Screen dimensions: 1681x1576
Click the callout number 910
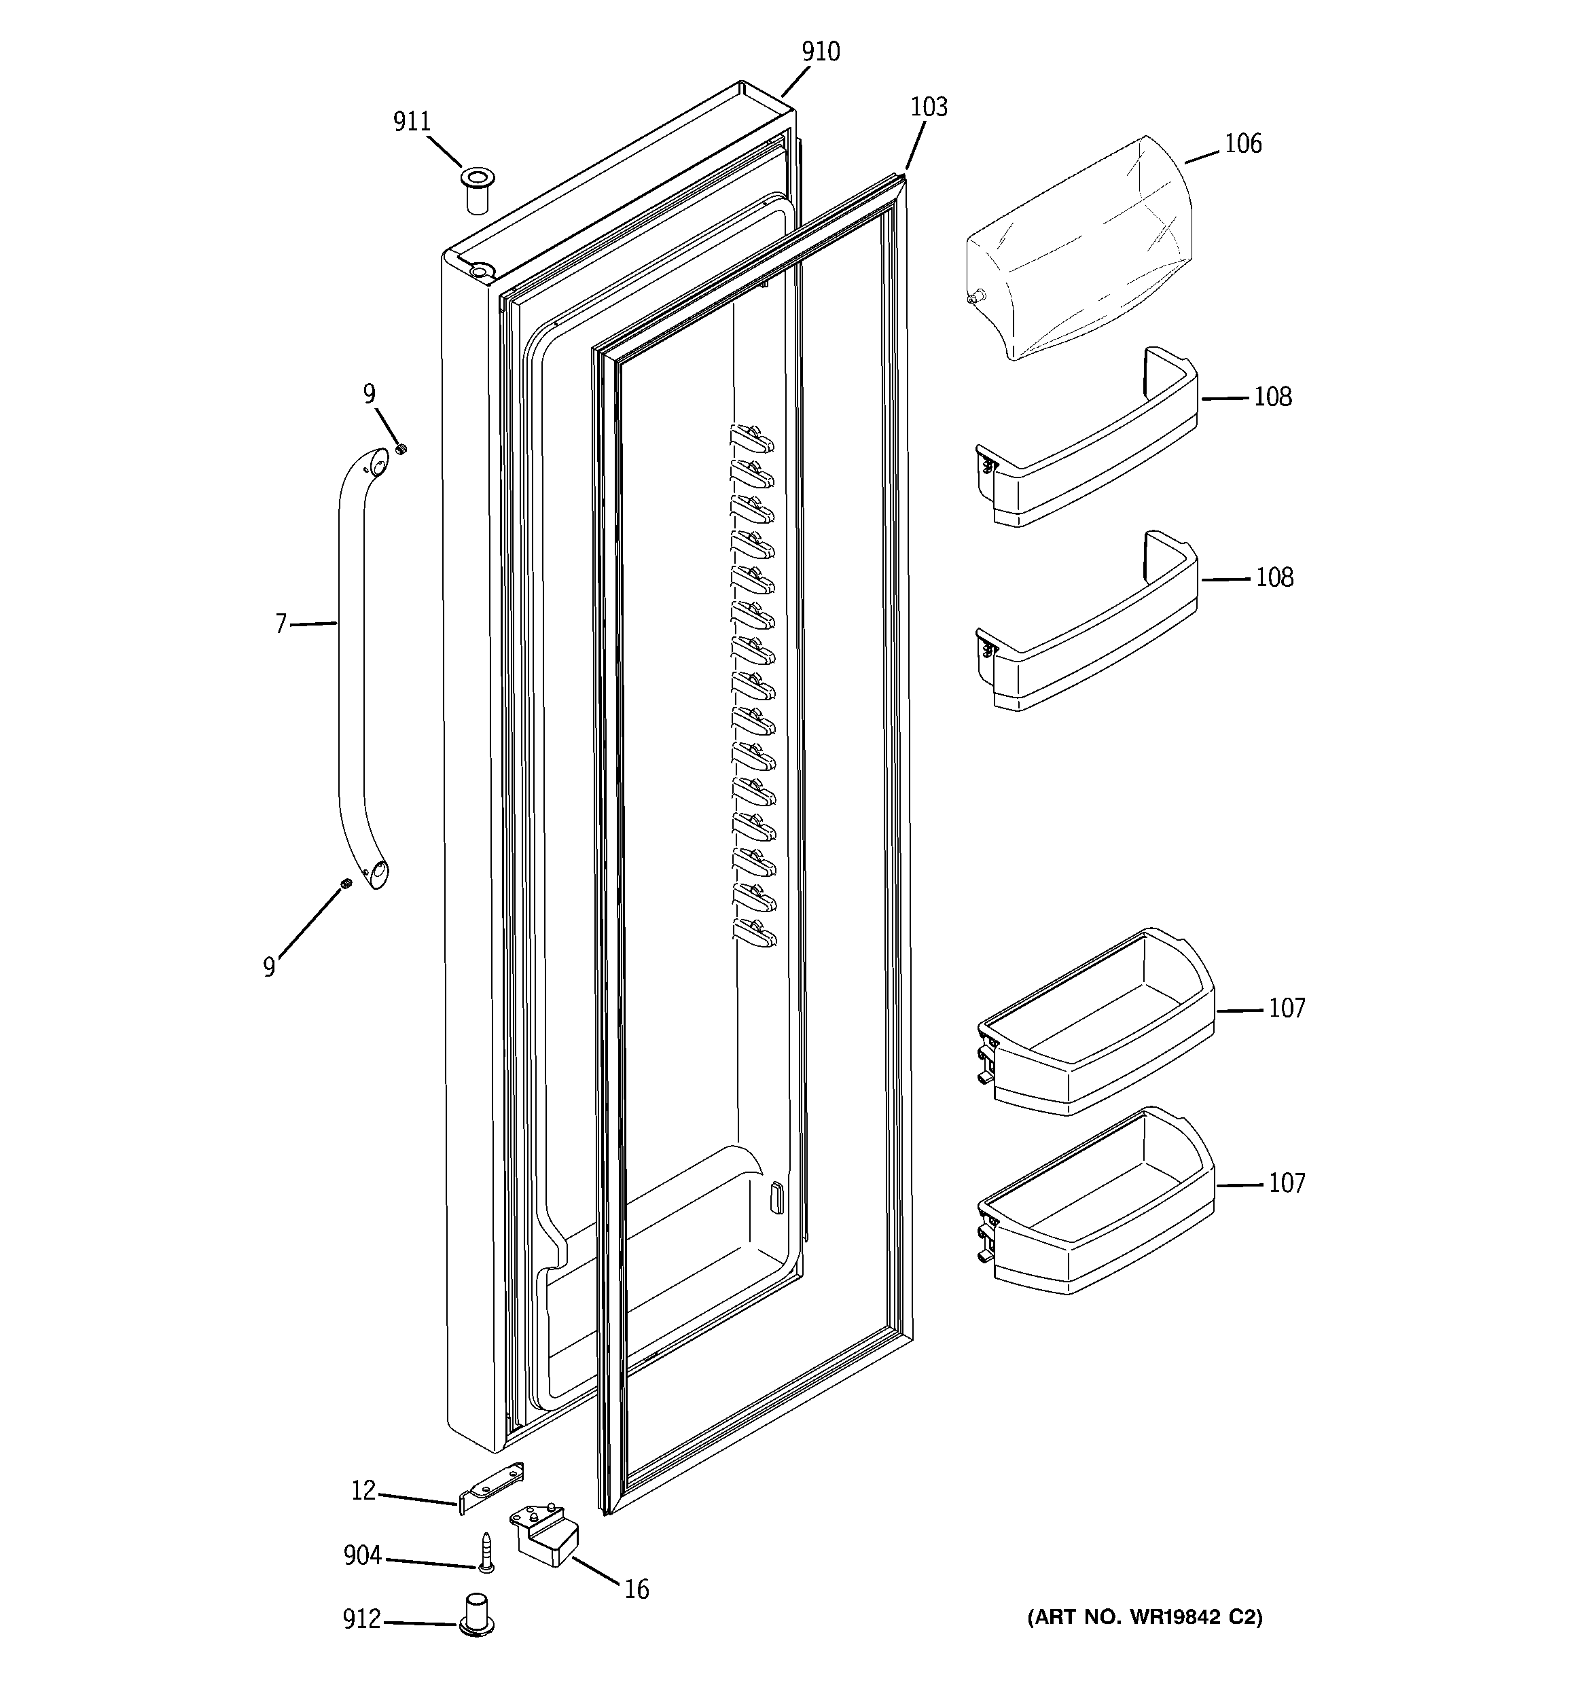point(821,52)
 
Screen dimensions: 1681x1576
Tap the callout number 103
point(928,107)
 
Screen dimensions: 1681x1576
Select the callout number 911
point(412,123)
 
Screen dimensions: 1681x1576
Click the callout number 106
point(1242,145)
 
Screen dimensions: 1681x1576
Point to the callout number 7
point(281,625)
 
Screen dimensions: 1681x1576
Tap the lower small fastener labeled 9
point(346,884)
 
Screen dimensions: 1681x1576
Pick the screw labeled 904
point(486,1553)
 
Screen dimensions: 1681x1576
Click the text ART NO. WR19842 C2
point(1144,1618)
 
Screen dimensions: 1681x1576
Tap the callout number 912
point(361,1619)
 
